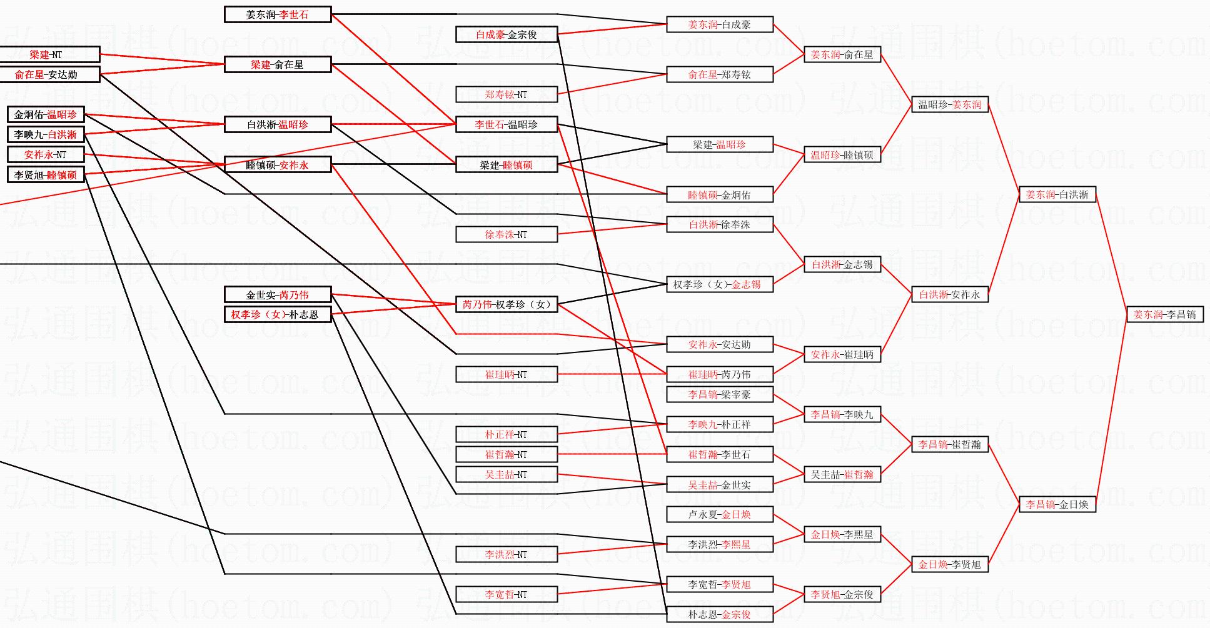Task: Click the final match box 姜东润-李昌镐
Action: [1164, 314]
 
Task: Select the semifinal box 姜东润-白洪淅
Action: [1057, 194]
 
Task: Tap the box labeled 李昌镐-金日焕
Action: [1057, 504]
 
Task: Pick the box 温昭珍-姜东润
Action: [949, 104]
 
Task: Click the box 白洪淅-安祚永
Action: [949, 294]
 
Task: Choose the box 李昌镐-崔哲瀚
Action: [949, 444]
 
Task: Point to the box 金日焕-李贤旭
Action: [949, 564]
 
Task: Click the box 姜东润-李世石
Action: [277, 14]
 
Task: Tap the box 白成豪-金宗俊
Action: [507, 34]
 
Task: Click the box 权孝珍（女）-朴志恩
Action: [277, 314]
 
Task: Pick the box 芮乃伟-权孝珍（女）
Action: [507, 304]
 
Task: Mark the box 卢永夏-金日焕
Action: [719, 514]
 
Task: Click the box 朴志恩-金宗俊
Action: [719, 614]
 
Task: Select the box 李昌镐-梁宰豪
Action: [719, 394]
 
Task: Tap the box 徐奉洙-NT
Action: [507, 234]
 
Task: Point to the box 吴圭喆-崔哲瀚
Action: [842, 474]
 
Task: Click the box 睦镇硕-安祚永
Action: [277, 165]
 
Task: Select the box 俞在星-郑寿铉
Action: [719, 74]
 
